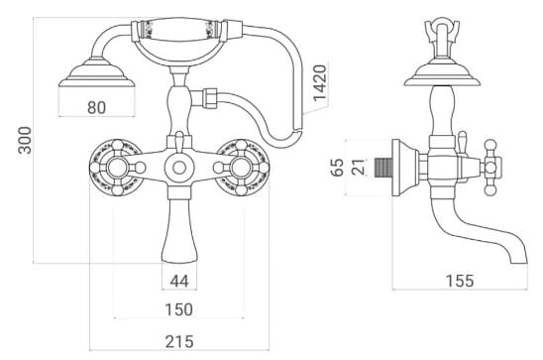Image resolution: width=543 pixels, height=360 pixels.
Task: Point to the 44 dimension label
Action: [179, 281]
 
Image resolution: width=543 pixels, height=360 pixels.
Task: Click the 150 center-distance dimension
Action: [178, 310]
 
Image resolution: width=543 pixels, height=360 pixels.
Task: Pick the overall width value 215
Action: [178, 341]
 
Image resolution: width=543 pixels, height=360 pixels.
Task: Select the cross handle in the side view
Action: [488, 168]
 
